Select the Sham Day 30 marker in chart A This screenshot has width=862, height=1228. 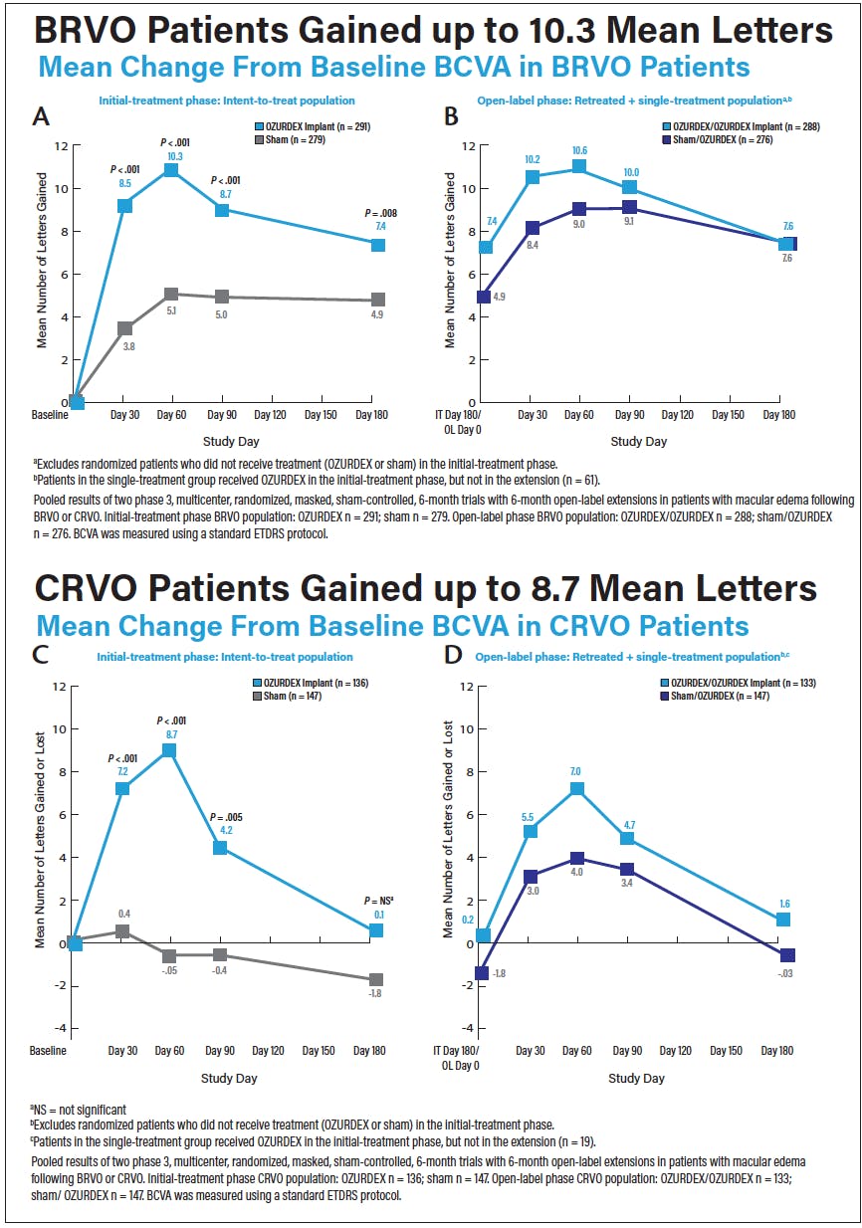[x=124, y=328]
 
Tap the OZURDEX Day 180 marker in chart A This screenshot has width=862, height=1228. [x=378, y=245]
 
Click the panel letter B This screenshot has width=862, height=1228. [x=450, y=116]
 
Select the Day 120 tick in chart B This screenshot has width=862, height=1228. [x=677, y=415]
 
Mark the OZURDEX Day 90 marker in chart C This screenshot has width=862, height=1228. [x=221, y=848]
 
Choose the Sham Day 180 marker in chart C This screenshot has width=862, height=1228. [x=376, y=980]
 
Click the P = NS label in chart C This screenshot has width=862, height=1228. [x=378, y=901]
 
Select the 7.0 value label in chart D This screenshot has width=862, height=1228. [x=575, y=771]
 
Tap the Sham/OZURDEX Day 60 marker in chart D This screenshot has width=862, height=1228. [x=577, y=859]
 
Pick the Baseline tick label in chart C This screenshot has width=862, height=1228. [x=48, y=1051]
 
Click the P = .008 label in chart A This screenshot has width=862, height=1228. [x=379, y=213]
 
